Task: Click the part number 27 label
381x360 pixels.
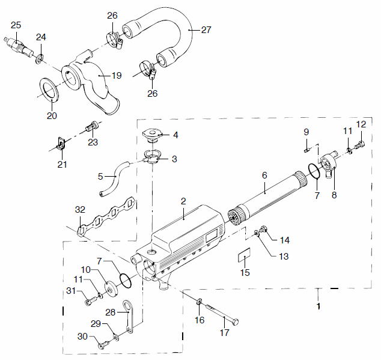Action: (206, 30)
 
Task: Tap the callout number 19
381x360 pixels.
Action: (117, 76)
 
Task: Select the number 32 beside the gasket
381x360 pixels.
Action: (80, 210)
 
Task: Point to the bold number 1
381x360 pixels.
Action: (319, 307)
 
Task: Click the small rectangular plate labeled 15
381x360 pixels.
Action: (244, 255)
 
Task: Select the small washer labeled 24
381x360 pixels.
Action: (40, 59)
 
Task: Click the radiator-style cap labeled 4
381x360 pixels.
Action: (153, 135)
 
